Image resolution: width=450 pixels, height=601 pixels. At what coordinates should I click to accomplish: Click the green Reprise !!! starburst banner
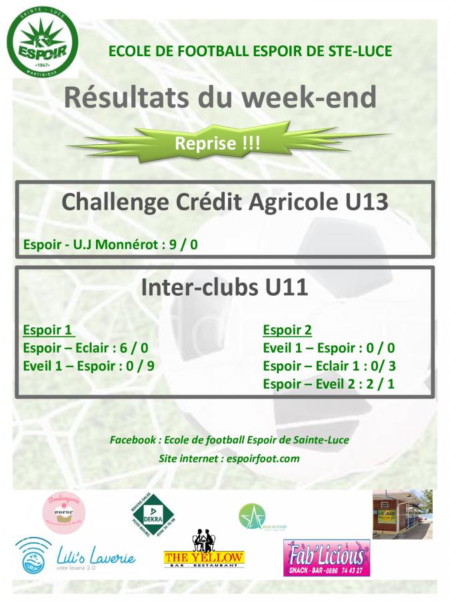pyautogui.click(x=217, y=143)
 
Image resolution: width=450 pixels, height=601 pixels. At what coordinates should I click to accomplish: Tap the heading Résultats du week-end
pyautogui.click(x=220, y=97)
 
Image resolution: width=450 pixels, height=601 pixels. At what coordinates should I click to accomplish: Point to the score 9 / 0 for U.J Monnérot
pyautogui.click(x=184, y=244)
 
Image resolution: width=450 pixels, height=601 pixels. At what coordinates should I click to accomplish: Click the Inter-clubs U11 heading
pyautogui.click(x=225, y=287)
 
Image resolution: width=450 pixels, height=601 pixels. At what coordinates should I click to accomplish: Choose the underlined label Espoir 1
pyautogui.click(x=47, y=330)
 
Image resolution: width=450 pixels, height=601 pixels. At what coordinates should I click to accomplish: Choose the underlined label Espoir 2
pyautogui.click(x=287, y=330)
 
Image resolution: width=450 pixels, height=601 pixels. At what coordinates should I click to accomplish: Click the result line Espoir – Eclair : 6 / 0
pyautogui.click(x=85, y=348)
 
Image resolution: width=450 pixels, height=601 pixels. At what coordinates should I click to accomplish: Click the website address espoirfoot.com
pyautogui.click(x=263, y=458)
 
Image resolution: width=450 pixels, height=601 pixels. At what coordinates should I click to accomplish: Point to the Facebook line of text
pyautogui.click(x=229, y=440)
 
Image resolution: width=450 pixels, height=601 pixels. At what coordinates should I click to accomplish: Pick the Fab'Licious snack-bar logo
pyautogui.click(x=327, y=558)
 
